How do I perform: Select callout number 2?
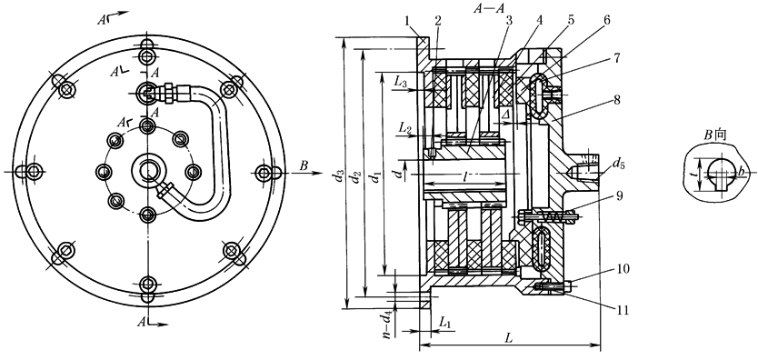[x=438, y=22]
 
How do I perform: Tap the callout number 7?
[x=616, y=58]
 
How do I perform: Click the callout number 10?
[x=623, y=269]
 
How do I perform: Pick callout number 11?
[x=623, y=310]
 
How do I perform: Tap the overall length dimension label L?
[x=509, y=339]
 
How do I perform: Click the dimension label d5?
[x=617, y=164]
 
